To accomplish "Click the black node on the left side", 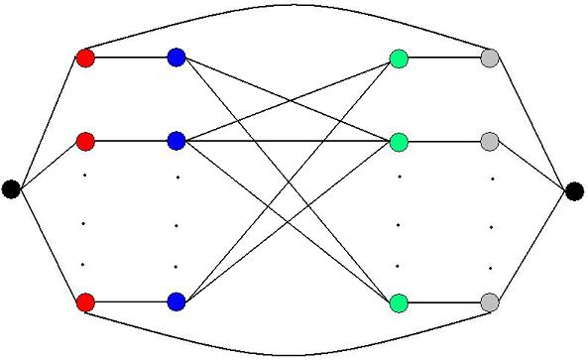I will point(11,188).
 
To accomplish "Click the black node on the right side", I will point(575,190).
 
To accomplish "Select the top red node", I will point(85,58).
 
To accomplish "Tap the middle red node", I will point(85,141).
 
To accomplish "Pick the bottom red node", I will point(85,300).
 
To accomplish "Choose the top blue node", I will point(176,58).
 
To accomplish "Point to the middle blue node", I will point(176,141).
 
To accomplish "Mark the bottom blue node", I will point(176,300).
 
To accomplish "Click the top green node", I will point(399,59).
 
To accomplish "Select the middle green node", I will point(399,142).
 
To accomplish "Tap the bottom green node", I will point(399,301).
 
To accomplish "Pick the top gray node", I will point(489,59).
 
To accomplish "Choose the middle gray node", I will point(489,142).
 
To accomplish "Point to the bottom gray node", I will point(489,301).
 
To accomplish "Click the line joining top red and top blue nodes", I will point(131,58).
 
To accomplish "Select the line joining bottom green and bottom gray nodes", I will point(443,301).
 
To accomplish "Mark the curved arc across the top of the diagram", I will point(294,6).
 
